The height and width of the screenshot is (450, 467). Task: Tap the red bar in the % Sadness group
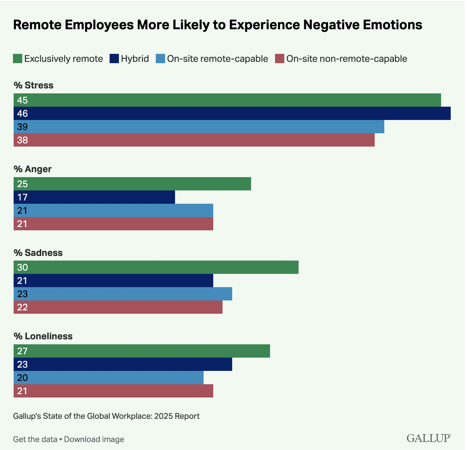tap(118, 307)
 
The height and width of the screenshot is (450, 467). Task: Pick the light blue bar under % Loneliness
tap(108, 378)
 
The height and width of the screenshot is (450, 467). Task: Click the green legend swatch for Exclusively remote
tap(18, 59)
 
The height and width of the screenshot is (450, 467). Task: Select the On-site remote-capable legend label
tap(217, 59)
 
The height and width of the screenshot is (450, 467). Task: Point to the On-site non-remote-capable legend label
tap(346, 59)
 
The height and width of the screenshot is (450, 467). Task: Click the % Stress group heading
tap(34, 85)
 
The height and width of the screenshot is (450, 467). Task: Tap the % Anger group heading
tap(33, 169)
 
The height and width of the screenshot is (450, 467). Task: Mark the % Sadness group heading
tap(38, 253)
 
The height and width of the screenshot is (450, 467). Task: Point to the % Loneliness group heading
tap(43, 336)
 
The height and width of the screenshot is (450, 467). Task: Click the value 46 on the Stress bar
tap(23, 114)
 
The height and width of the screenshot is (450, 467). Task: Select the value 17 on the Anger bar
tap(22, 197)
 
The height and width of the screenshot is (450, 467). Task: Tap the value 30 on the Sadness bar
tap(23, 268)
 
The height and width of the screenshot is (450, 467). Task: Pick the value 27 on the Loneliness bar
tap(22, 351)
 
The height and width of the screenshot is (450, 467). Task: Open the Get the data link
tap(35, 439)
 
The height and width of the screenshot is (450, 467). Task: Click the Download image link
tap(94, 439)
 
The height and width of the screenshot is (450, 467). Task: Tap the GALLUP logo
tap(428, 438)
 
